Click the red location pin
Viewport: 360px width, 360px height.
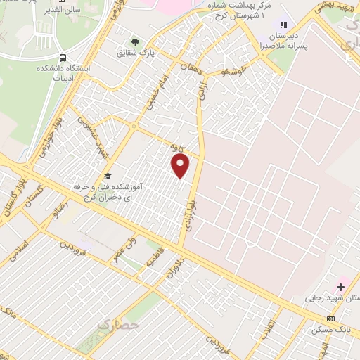pos(181,165)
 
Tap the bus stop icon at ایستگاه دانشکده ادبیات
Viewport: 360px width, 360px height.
pos(64,58)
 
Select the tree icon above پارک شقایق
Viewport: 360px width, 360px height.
pos(135,42)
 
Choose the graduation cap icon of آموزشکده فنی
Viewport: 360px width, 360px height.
pos(108,176)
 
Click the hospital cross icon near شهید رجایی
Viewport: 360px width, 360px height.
pos(341,286)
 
